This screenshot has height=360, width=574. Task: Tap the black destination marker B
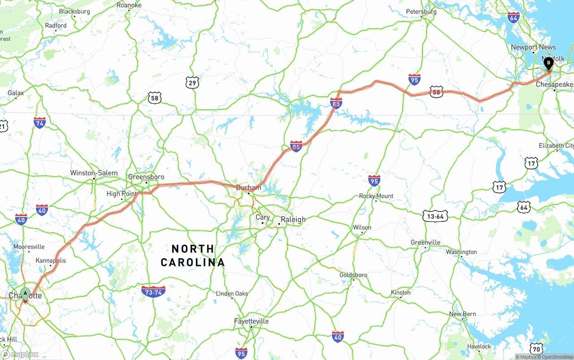(x=548, y=63)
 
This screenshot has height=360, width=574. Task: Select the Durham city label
(x=248, y=187)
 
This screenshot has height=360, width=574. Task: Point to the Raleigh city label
(x=293, y=219)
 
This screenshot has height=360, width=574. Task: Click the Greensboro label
(x=146, y=177)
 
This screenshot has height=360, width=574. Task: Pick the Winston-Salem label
(x=94, y=173)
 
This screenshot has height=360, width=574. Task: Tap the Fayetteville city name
(x=251, y=321)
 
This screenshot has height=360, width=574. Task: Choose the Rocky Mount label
(x=376, y=196)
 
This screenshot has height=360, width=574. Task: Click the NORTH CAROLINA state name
(x=193, y=256)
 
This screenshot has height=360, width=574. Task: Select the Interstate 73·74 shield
(x=153, y=292)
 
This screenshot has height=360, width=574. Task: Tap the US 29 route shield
(x=192, y=82)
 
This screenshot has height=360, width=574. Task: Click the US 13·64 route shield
(x=435, y=216)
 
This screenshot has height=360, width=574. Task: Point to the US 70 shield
(x=536, y=348)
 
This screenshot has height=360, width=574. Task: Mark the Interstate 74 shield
(x=39, y=122)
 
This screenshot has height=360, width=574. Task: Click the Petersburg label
(x=421, y=12)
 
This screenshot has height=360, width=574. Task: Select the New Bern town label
(x=463, y=314)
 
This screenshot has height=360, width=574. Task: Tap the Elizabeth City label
(x=556, y=146)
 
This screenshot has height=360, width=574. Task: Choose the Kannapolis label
(x=51, y=260)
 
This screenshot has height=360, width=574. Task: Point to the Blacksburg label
(x=74, y=11)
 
